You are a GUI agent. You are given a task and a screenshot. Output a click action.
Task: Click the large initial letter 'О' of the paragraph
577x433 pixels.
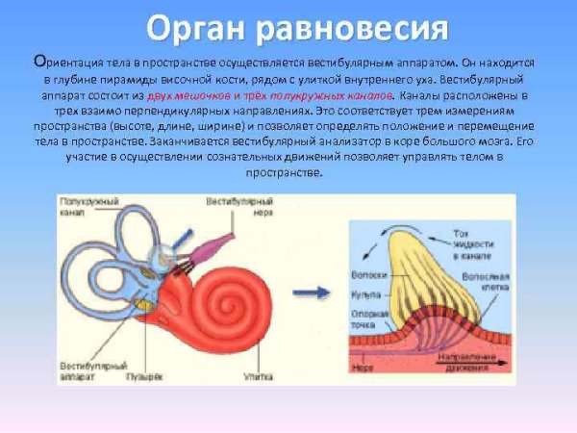click(x=38, y=60)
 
